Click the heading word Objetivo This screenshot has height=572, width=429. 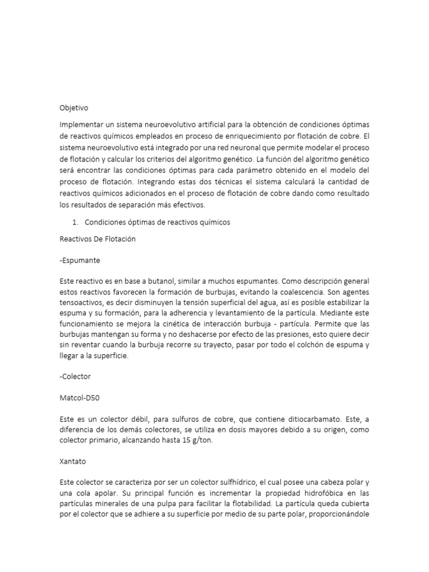point(74,107)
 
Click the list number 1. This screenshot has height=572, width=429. point(74,222)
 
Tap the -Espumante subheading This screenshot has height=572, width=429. point(81,260)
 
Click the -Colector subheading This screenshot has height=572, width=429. point(75,376)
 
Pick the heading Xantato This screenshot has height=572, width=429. point(73,461)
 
